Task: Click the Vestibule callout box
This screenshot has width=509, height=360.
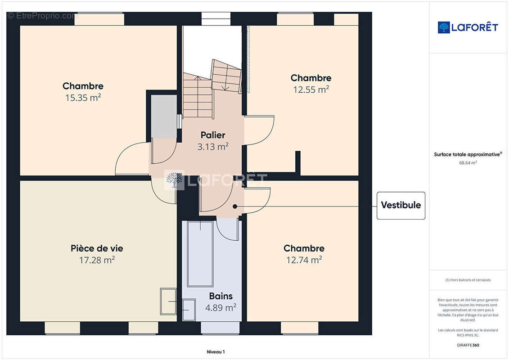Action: pos(401,205)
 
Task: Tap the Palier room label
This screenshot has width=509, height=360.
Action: pos(212,135)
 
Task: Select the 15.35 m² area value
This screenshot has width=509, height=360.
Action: pos(83,98)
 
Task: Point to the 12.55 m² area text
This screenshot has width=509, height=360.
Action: pos(311,90)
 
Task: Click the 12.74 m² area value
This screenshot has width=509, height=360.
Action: pos(304,260)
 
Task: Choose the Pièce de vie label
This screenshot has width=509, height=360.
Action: pos(97,248)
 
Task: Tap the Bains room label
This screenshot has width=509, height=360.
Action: pos(221,296)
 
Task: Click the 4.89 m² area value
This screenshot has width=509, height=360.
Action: pos(221,308)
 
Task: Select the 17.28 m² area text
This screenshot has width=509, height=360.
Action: pos(96,260)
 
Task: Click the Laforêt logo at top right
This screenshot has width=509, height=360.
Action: pos(468,27)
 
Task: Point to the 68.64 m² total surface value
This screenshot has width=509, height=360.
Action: pos(468,163)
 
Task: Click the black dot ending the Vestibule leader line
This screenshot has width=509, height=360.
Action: pos(235,207)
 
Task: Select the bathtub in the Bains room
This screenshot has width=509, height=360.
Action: pos(200,254)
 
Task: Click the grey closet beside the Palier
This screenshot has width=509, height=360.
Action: pos(163,117)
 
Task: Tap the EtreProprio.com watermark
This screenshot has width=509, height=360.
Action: pos(43,16)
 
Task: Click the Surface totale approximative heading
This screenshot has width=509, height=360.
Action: pos(468,154)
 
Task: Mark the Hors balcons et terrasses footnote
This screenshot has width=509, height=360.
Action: pos(468,280)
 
